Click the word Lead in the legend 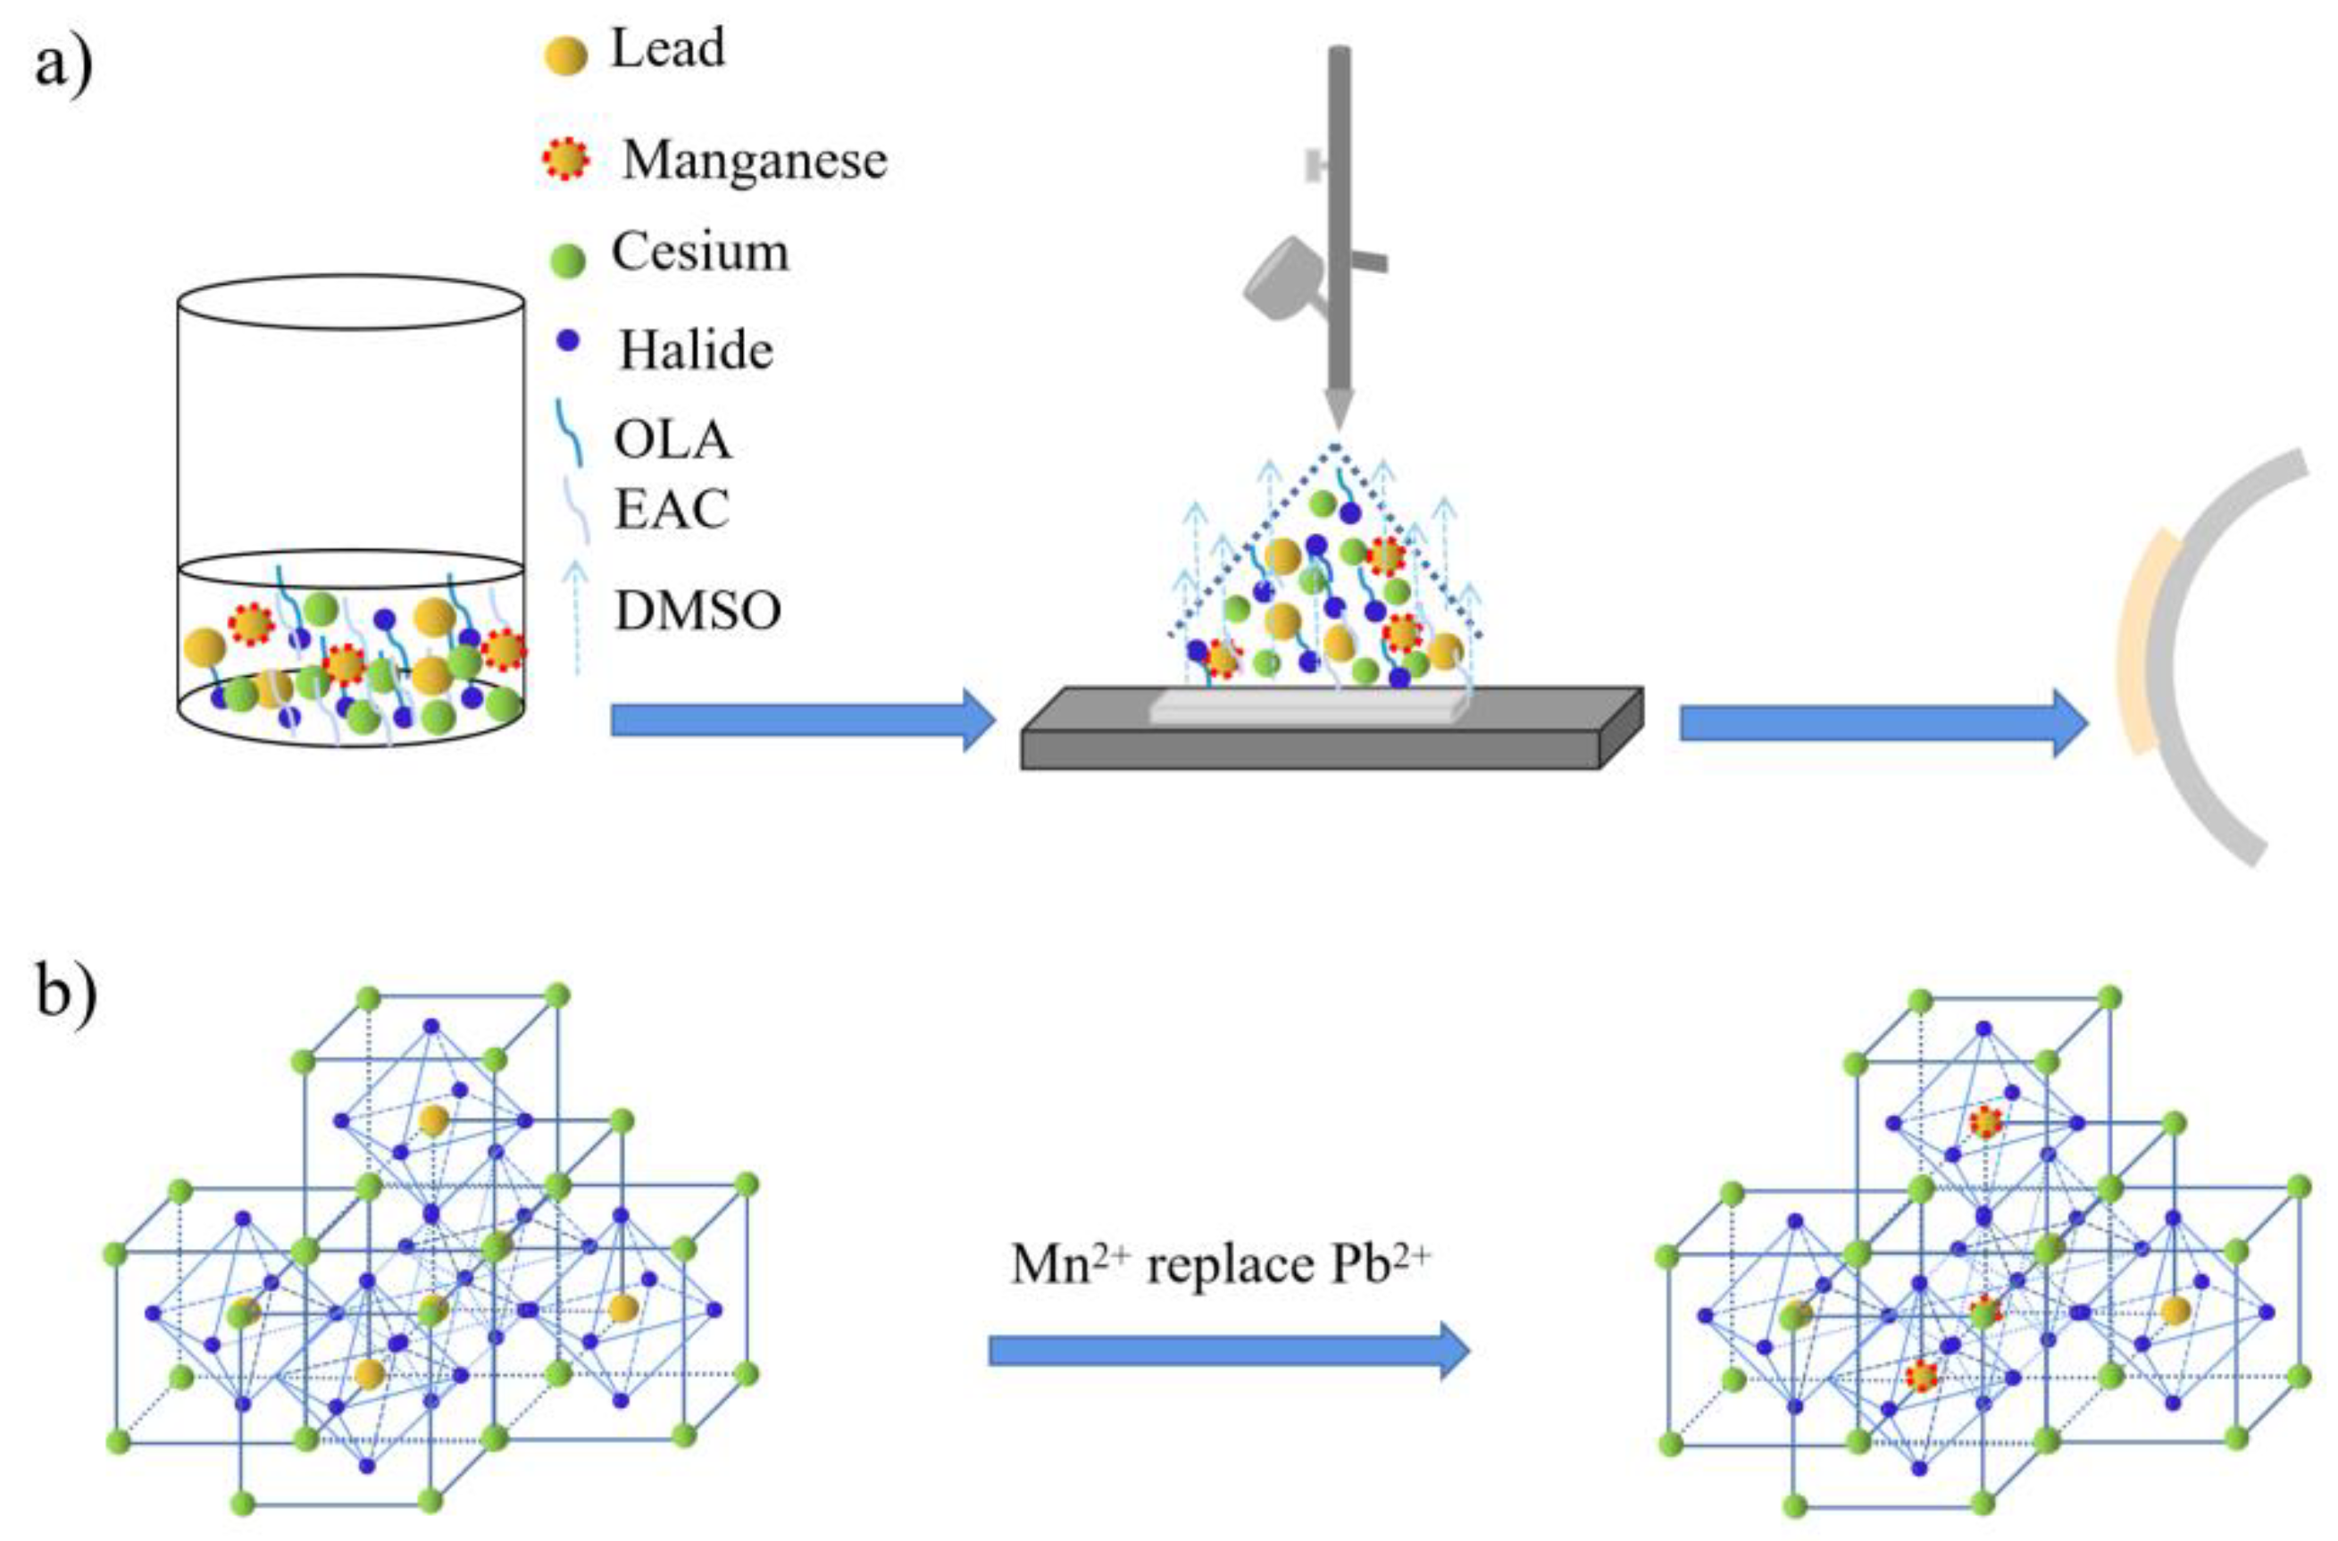pos(668,49)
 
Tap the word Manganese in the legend pos(754,160)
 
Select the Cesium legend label pos(700,253)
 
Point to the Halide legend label pos(696,351)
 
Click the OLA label pos(673,440)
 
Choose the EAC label pos(672,510)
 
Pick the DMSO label pos(697,612)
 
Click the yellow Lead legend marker pos(566,55)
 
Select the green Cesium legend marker pos(567,260)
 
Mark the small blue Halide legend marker pos(568,341)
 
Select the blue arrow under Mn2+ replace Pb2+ pos(1229,1352)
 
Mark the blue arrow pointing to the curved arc pos(1883,723)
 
